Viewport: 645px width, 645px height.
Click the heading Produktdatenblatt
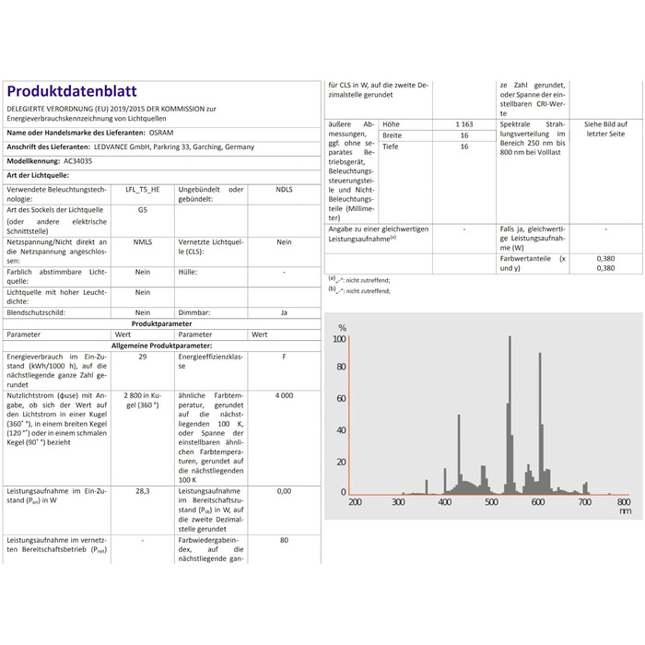[72, 91]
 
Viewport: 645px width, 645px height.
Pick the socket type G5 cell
[142, 209]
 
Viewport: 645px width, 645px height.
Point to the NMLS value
[142, 241]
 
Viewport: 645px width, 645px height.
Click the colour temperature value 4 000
[284, 394]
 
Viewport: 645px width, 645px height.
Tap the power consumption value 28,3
[142, 491]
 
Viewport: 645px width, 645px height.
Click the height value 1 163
[463, 123]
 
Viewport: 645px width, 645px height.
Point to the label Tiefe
[391, 146]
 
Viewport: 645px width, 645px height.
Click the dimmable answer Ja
[284, 313]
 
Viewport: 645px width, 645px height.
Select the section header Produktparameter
[161, 324]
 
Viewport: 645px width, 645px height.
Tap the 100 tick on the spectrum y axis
[339, 339]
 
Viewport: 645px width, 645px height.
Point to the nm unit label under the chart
[626, 510]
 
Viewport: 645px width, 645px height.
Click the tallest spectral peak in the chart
[510, 339]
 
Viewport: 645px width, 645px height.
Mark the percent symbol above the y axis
[342, 328]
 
